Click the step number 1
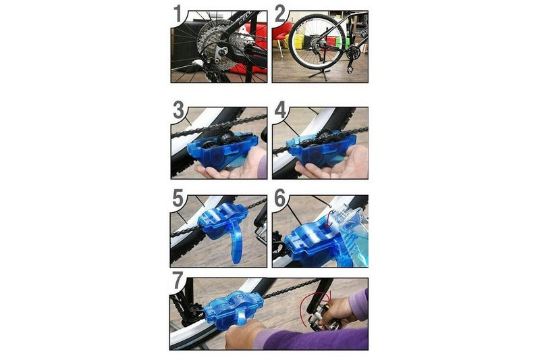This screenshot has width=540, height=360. coord(178,15)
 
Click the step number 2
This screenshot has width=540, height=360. coord(280,15)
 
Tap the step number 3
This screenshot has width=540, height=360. coord(179,111)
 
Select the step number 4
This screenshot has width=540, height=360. coord(280,111)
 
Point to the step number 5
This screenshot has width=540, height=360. coord(178,199)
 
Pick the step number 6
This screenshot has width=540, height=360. coord(280,199)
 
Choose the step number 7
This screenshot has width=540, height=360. coord(178,280)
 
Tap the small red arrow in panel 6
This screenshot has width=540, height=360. coord(329,217)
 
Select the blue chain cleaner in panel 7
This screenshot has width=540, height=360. coord(233,307)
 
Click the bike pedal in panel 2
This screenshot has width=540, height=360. coord(351,70)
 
